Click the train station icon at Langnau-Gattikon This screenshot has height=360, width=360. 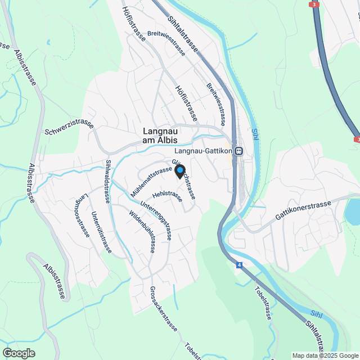(239, 151)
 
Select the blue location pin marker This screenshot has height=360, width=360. (180, 170)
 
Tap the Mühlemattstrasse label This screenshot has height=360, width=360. (150, 178)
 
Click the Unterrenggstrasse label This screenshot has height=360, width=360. (156, 221)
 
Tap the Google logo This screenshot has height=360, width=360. (19, 353)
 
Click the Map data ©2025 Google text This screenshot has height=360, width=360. (325, 355)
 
